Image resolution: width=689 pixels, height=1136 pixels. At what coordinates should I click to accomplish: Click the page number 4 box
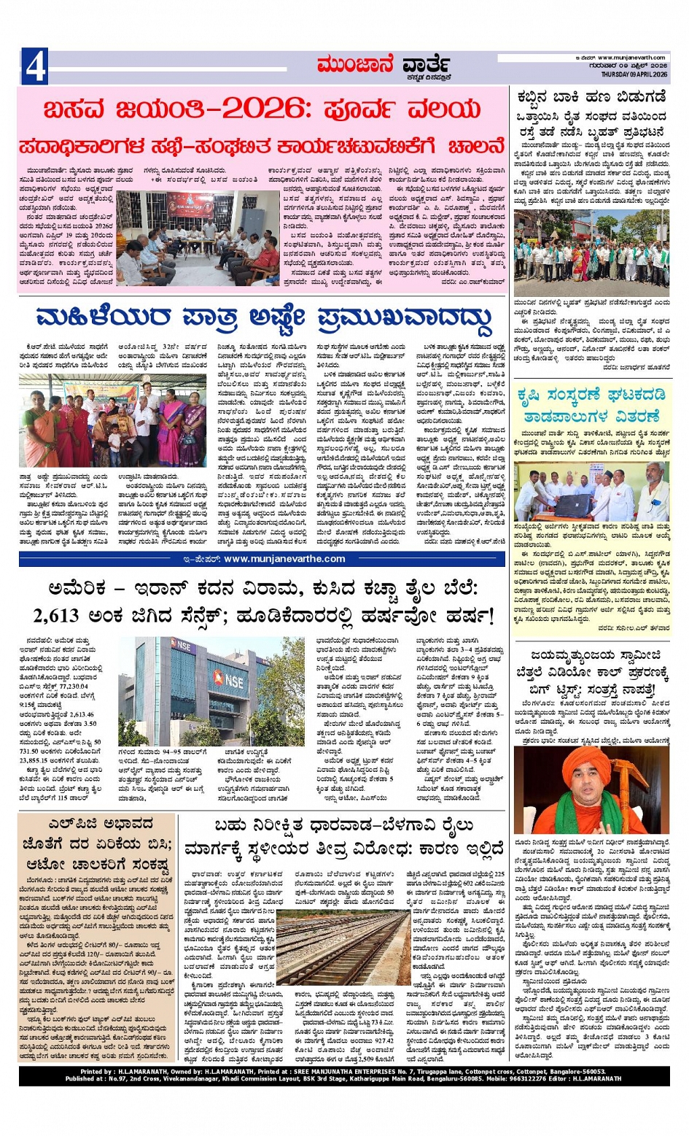coord(34,66)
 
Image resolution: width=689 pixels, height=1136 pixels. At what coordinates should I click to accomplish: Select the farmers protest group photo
coord(591,254)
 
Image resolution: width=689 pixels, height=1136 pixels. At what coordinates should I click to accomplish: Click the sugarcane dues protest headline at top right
coord(591,115)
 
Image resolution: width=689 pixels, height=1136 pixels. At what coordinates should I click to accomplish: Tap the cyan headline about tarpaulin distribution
coord(591,406)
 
